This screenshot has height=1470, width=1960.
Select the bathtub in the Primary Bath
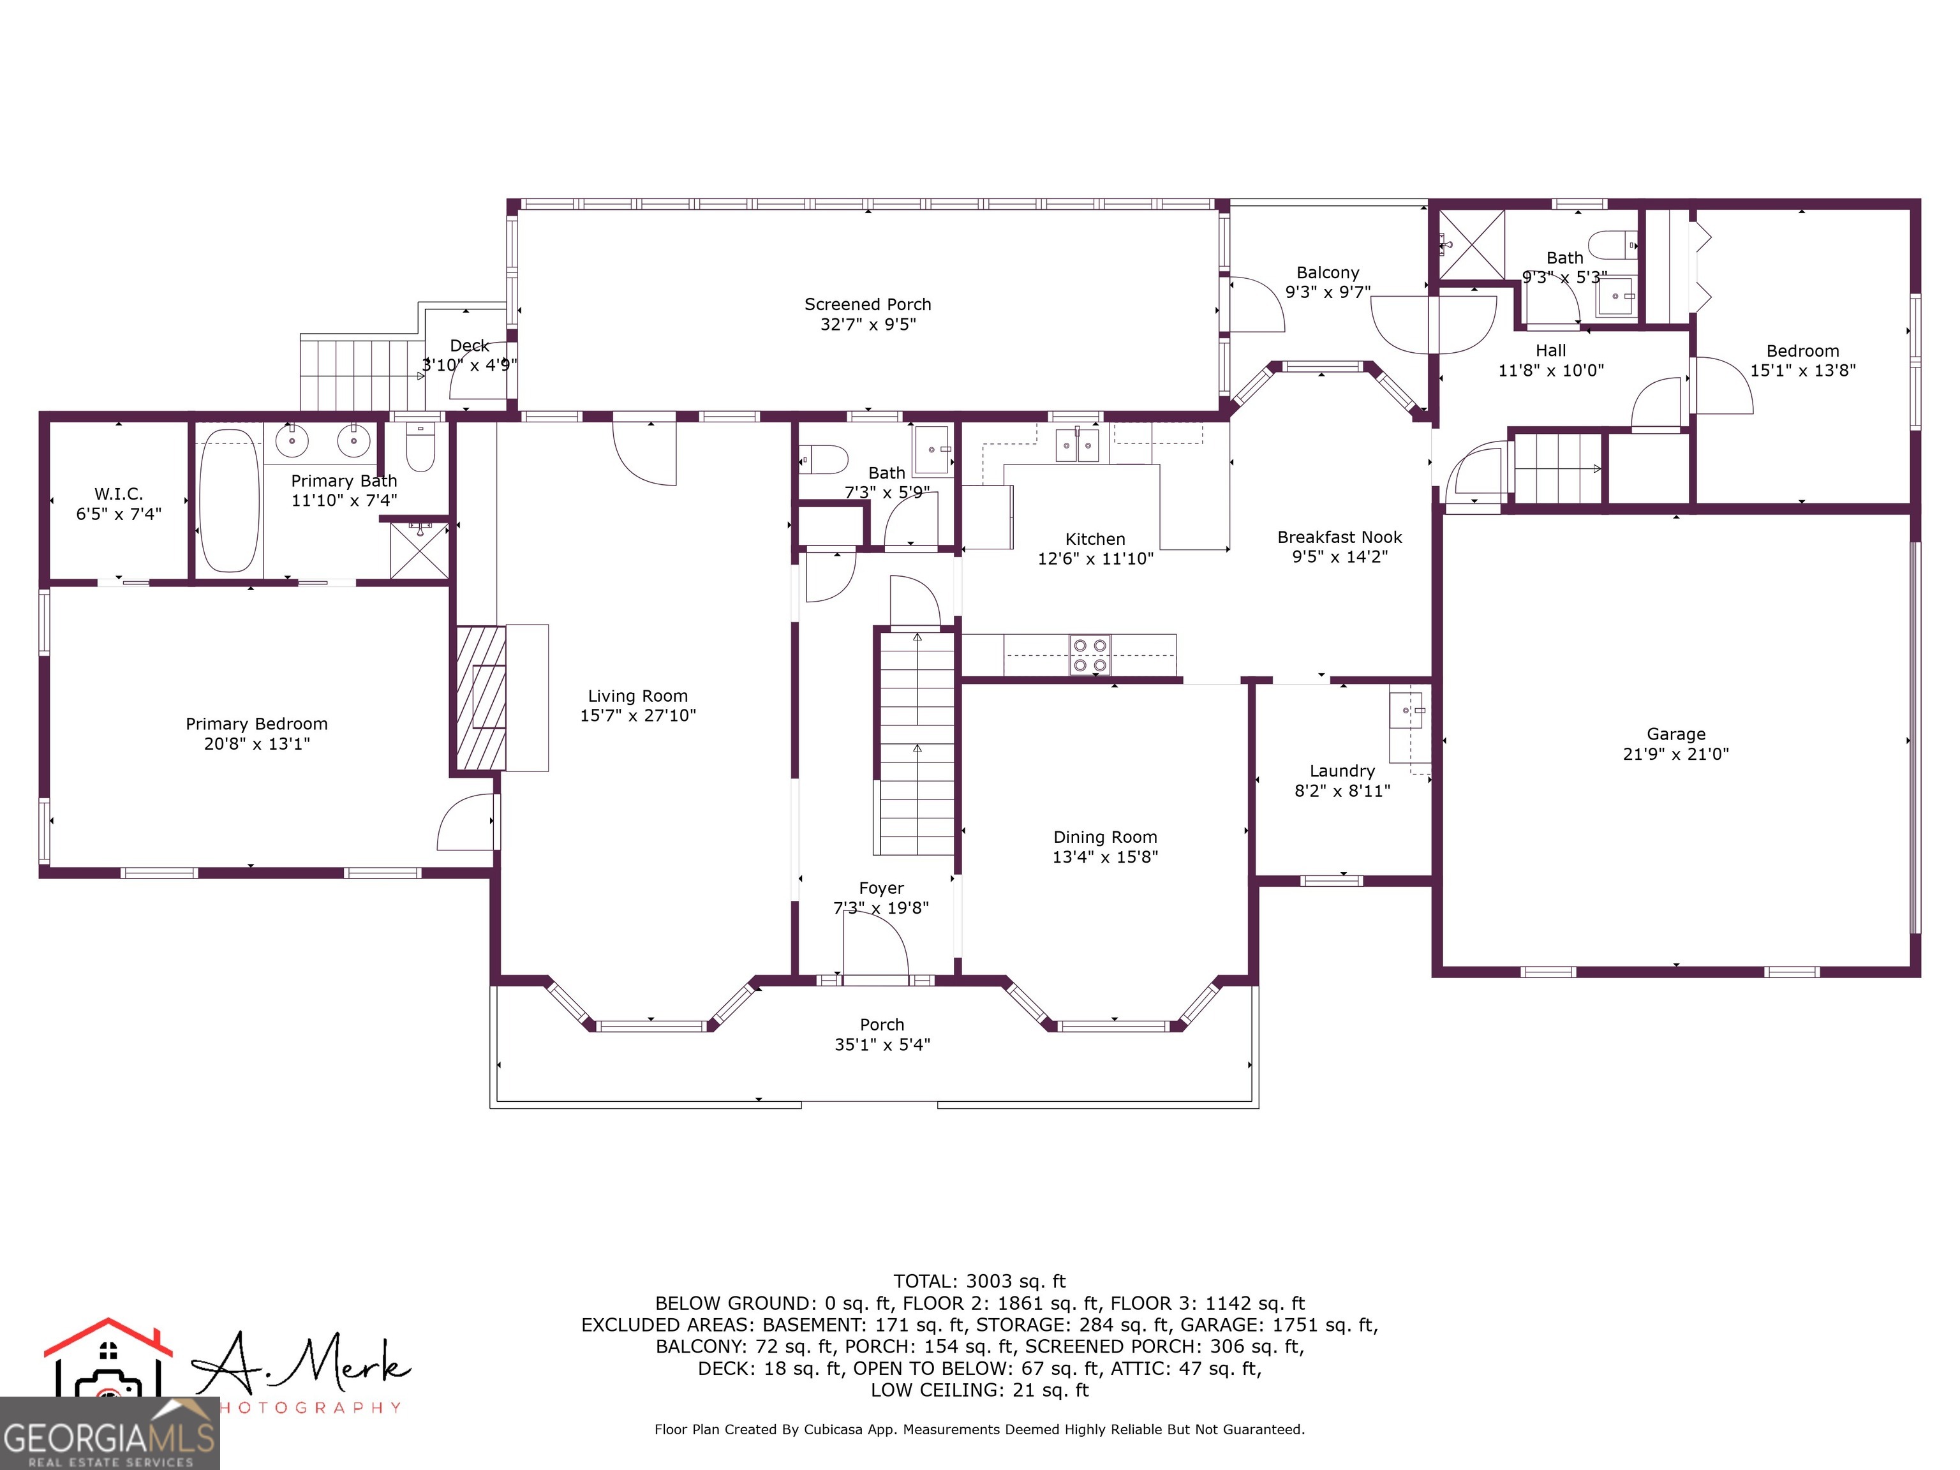click(230, 501)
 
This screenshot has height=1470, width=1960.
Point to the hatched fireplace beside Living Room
click(480, 697)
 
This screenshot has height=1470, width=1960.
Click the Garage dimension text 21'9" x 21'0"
click(1675, 754)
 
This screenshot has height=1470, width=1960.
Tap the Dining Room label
click(1105, 837)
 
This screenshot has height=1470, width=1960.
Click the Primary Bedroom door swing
click(466, 822)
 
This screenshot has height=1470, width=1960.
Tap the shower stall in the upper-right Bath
click(1471, 244)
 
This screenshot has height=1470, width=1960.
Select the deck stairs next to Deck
click(359, 376)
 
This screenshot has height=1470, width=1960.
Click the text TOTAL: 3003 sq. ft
click(979, 1281)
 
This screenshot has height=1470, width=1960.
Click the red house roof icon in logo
click(108, 1337)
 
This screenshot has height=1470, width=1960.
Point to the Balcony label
click(1327, 273)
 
